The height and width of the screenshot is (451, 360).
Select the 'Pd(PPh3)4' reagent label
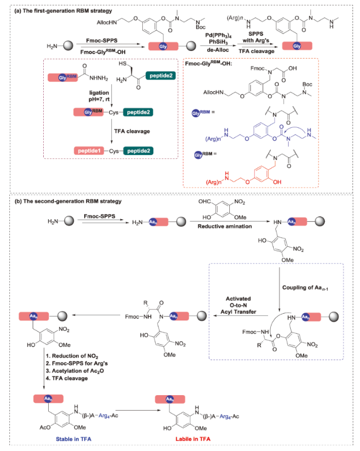(219, 34)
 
